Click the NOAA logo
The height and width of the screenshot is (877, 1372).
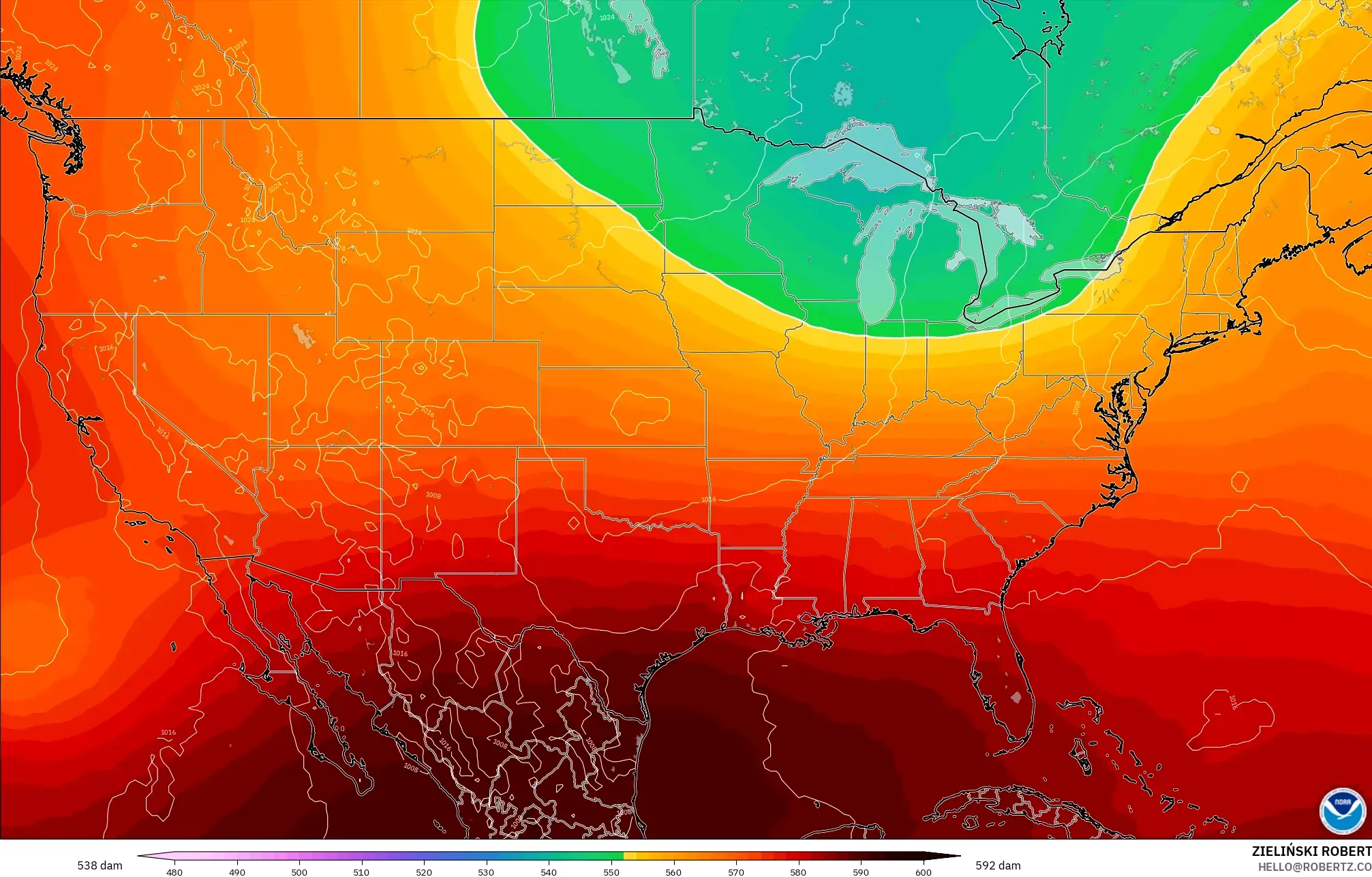coord(1342,810)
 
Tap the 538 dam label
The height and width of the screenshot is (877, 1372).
coord(100,865)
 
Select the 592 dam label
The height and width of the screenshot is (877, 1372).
coord(998,865)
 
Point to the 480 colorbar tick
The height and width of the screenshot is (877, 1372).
coord(174,872)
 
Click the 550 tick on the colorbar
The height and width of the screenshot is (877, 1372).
coord(611,872)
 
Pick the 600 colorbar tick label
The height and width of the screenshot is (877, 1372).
coord(923,872)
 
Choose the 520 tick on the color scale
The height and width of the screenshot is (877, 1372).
coord(424,872)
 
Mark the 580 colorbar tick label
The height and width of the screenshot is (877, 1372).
coord(798,872)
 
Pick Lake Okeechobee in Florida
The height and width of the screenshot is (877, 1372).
coord(1016,697)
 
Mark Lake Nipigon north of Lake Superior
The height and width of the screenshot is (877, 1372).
coord(843,92)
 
